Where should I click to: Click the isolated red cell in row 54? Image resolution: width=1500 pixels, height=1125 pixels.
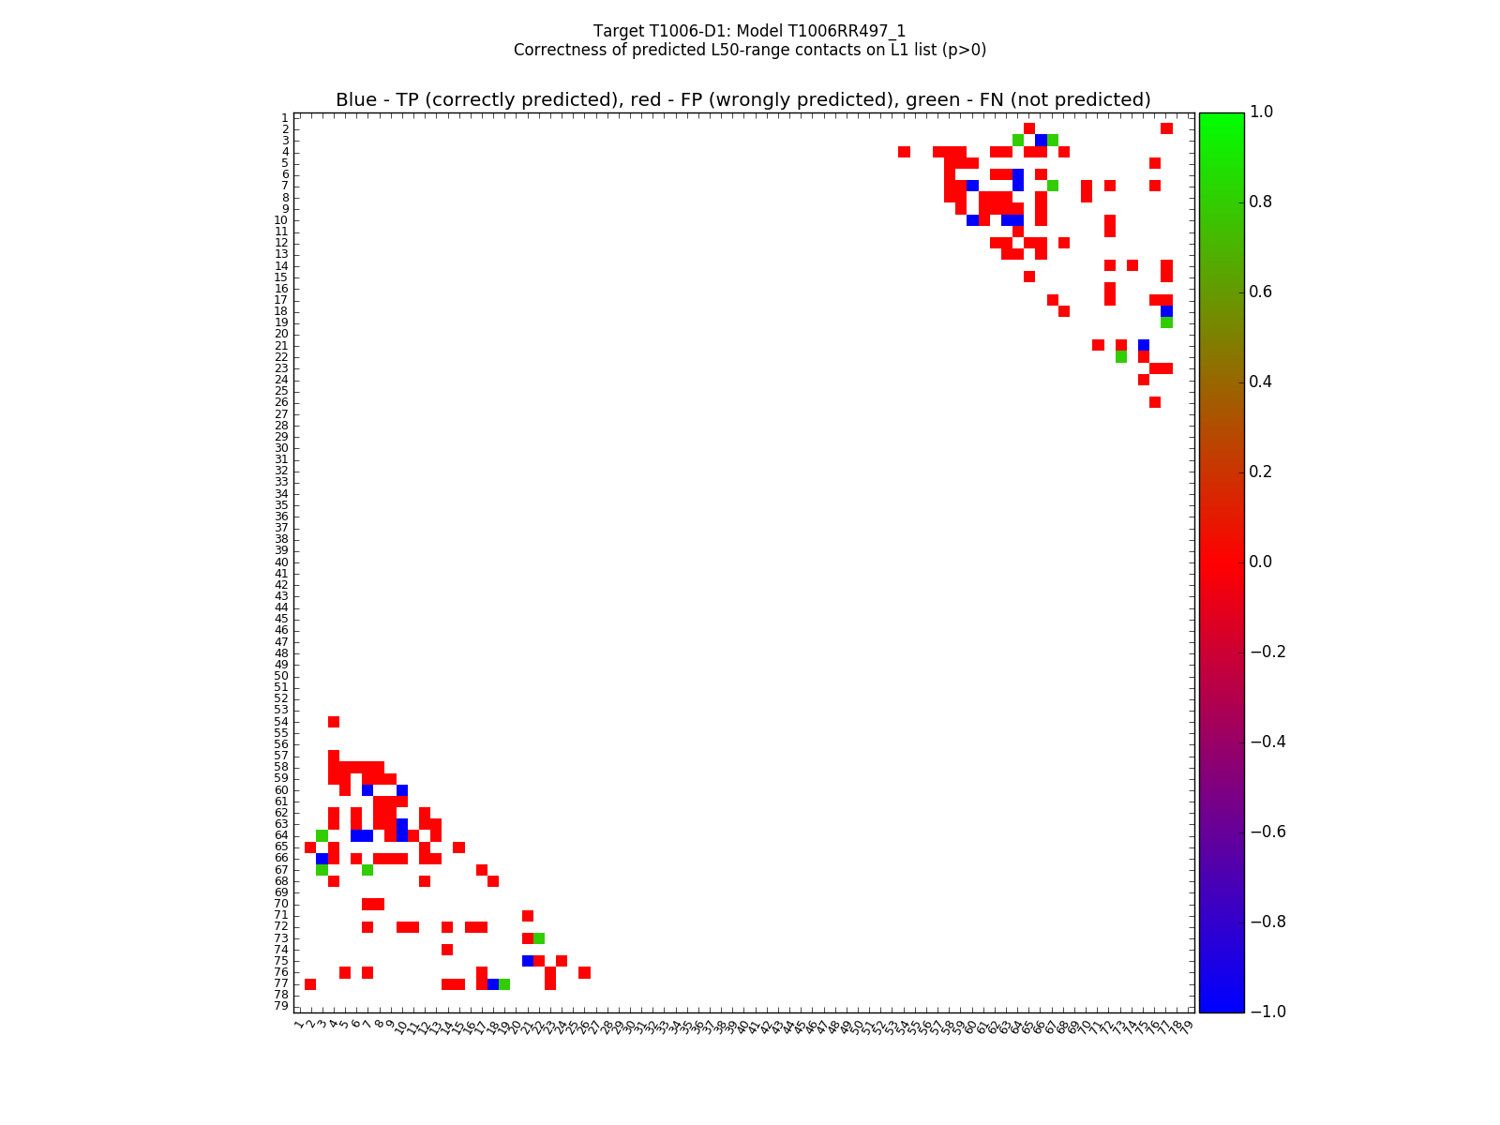(334, 722)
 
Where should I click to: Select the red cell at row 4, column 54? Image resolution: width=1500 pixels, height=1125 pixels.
(904, 152)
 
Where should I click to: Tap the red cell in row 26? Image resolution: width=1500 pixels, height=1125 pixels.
(1155, 402)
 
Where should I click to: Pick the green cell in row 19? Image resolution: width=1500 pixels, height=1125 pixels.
(1166, 322)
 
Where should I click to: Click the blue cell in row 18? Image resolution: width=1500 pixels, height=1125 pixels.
(1166, 311)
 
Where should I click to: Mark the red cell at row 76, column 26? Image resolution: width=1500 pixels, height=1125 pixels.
(584, 972)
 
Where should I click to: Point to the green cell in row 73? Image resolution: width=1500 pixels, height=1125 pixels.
(539, 938)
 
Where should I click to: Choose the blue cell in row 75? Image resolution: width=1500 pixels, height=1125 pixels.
(528, 961)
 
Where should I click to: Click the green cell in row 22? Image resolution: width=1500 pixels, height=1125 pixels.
(1121, 357)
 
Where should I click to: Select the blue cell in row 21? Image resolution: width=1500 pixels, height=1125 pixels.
(1144, 345)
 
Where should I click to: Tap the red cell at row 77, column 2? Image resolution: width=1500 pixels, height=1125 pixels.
(310, 983)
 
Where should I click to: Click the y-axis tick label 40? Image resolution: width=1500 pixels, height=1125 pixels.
(281, 562)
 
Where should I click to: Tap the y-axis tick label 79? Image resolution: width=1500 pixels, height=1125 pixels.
(281, 1006)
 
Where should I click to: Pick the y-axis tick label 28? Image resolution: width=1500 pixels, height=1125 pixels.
(281, 426)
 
